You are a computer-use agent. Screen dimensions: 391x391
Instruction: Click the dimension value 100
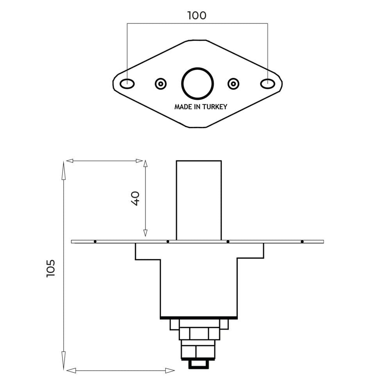pyautogui.click(x=197, y=16)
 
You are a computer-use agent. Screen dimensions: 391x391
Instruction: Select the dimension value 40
pyautogui.click(x=135, y=199)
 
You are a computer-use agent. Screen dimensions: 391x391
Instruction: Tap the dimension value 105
pyautogui.click(x=50, y=268)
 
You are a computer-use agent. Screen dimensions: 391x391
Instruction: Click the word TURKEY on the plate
pyautogui.click(x=214, y=107)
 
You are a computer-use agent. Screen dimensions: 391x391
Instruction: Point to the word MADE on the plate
pyautogui.click(x=183, y=107)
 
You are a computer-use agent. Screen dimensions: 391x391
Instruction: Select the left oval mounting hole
pyautogui.click(x=127, y=84)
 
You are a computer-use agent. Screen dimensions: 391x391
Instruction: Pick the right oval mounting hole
pyautogui.click(x=268, y=84)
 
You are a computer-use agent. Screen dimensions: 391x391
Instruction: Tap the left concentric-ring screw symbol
pyautogui.click(x=161, y=84)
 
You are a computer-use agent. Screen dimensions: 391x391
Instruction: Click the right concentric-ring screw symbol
pyautogui.click(x=233, y=84)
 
